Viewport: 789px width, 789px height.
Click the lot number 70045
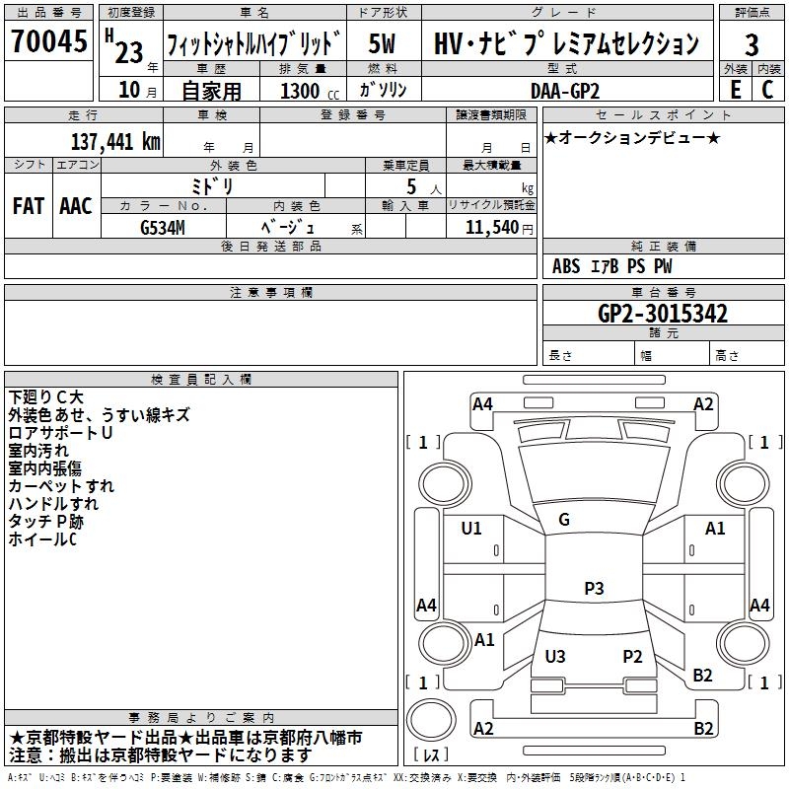(49, 41)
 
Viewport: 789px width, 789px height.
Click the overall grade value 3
(752, 44)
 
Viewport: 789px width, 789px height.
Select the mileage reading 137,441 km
(115, 142)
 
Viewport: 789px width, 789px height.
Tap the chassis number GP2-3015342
(663, 314)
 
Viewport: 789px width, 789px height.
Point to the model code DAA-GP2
(565, 91)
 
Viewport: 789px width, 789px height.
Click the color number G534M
(163, 228)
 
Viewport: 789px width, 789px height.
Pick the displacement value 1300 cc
(310, 91)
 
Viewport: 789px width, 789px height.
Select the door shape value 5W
(382, 43)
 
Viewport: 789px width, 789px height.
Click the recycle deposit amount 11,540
(492, 228)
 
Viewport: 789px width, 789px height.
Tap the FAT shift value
(29, 206)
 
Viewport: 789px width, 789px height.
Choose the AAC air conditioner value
(76, 206)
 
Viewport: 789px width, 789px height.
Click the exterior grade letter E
(736, 90)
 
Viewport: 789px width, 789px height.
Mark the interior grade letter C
(767, 90)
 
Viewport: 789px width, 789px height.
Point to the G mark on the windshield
(564, 520)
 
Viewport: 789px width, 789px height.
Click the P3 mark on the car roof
(594, 588)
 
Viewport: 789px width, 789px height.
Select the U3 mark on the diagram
(555, 656)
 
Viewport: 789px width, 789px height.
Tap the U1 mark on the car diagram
(471, 529)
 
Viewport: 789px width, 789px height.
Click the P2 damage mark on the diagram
(632, 656)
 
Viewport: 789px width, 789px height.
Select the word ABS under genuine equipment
(566, 266)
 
